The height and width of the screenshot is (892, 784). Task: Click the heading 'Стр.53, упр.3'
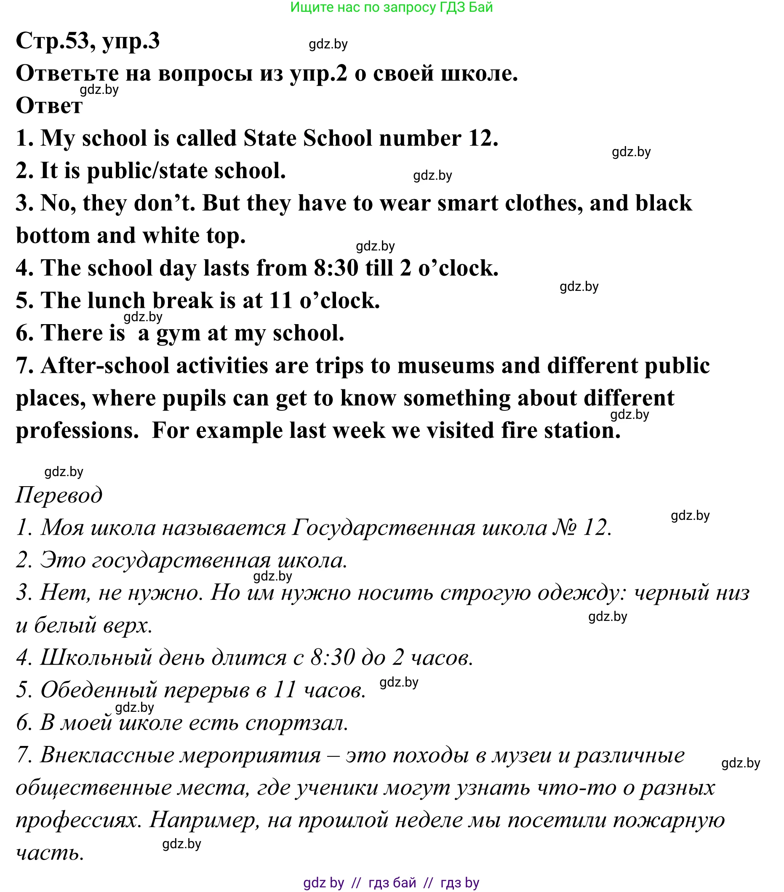[88, 41]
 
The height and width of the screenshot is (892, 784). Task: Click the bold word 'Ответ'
[49, 106]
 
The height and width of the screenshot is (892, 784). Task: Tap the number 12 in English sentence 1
[483, 138]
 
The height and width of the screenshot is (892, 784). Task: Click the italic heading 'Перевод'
[59, 495]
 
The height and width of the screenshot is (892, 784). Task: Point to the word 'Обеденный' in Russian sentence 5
[99, 690]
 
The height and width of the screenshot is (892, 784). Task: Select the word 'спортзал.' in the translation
[297, 723]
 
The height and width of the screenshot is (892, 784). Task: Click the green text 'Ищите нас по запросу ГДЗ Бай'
[391, 7]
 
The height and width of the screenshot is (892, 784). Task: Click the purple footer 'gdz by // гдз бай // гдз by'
[391, 883]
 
